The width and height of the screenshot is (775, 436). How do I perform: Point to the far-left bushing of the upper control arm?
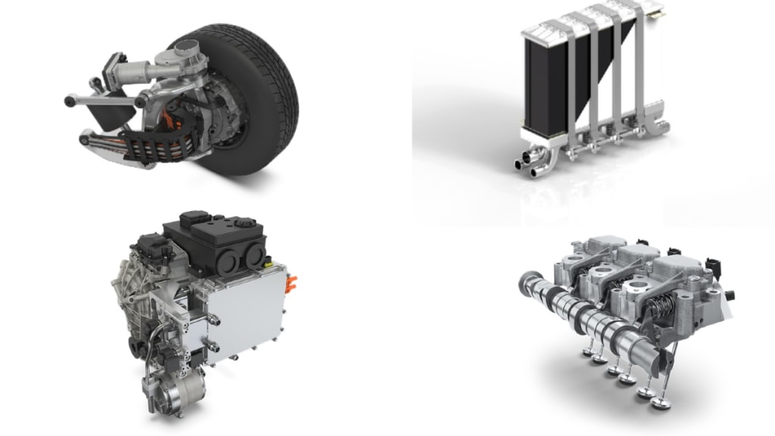point(70,98)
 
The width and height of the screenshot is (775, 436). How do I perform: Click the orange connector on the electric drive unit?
point(291,286)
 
